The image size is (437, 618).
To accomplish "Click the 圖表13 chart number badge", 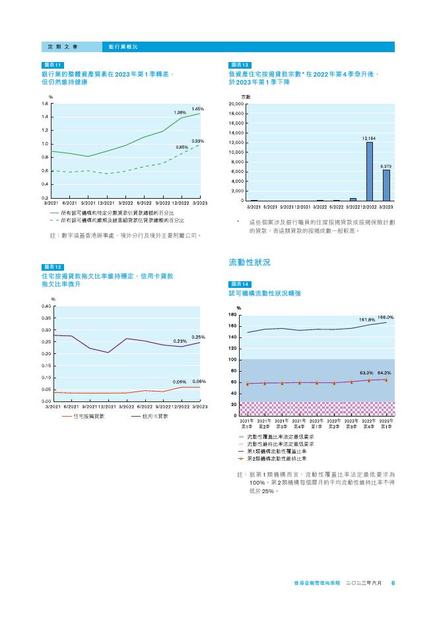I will pos(239,65).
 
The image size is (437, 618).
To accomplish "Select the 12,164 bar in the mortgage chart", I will pos(370,171).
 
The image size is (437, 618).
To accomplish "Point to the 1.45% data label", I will pos(198,108).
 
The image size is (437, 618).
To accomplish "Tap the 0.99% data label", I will pos(198,141).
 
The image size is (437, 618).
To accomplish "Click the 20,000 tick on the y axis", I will pos(236,105).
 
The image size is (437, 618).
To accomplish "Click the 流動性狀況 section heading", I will pos(250,263).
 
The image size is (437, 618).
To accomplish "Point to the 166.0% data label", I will pos(386,318).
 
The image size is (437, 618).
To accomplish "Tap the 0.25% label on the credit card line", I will pos(198,337).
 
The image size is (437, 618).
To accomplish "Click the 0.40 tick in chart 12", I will pos(46,306).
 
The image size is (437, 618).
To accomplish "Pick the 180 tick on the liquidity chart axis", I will pos(232,316).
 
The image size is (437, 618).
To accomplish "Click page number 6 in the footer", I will pos(393,584).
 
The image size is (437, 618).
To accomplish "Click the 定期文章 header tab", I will pos(63,47).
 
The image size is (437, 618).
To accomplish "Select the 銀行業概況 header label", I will pos(123,47).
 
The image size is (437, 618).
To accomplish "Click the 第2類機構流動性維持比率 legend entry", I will pos(277,458).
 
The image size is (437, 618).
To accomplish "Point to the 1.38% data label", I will pos(180,113).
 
